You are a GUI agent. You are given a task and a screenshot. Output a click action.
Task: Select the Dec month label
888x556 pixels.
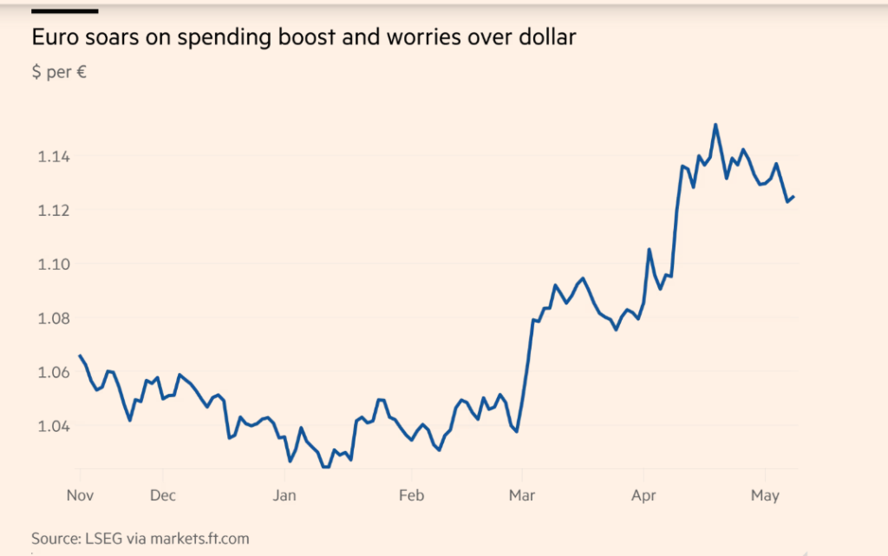point(162,496)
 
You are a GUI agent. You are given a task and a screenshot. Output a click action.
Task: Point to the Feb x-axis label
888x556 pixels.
point(411,496)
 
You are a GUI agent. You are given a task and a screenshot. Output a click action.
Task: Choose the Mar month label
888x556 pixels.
point(523,496)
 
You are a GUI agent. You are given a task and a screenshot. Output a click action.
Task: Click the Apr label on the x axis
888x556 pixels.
point(643,496)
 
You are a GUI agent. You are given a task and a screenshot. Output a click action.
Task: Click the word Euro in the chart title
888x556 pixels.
point(51,38)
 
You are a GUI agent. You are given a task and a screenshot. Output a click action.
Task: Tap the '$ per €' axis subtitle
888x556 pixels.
point(59,72)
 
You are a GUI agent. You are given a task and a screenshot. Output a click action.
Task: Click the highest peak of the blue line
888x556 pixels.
point(715,125)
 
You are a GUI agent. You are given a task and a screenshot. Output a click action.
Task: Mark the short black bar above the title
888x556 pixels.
point(64,10)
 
